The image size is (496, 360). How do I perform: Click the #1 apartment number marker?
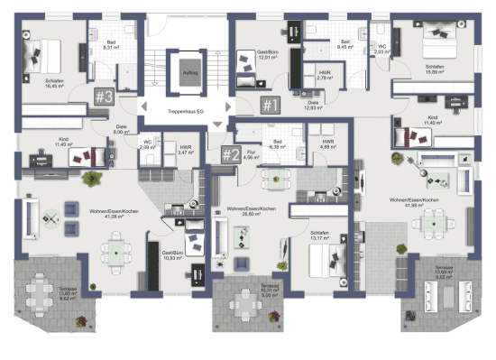coord(270,106)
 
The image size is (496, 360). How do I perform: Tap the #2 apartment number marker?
coord(231,154)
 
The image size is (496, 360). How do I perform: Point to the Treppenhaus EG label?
coord(188,112)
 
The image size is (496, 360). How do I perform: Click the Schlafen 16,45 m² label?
coord(54,84)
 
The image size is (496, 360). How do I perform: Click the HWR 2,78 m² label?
coord(321,78)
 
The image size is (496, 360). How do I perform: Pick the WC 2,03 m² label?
coord(381,50)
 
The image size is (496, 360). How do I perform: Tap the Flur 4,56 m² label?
coord(252,155)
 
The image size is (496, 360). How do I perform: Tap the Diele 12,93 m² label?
coord(314,106)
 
